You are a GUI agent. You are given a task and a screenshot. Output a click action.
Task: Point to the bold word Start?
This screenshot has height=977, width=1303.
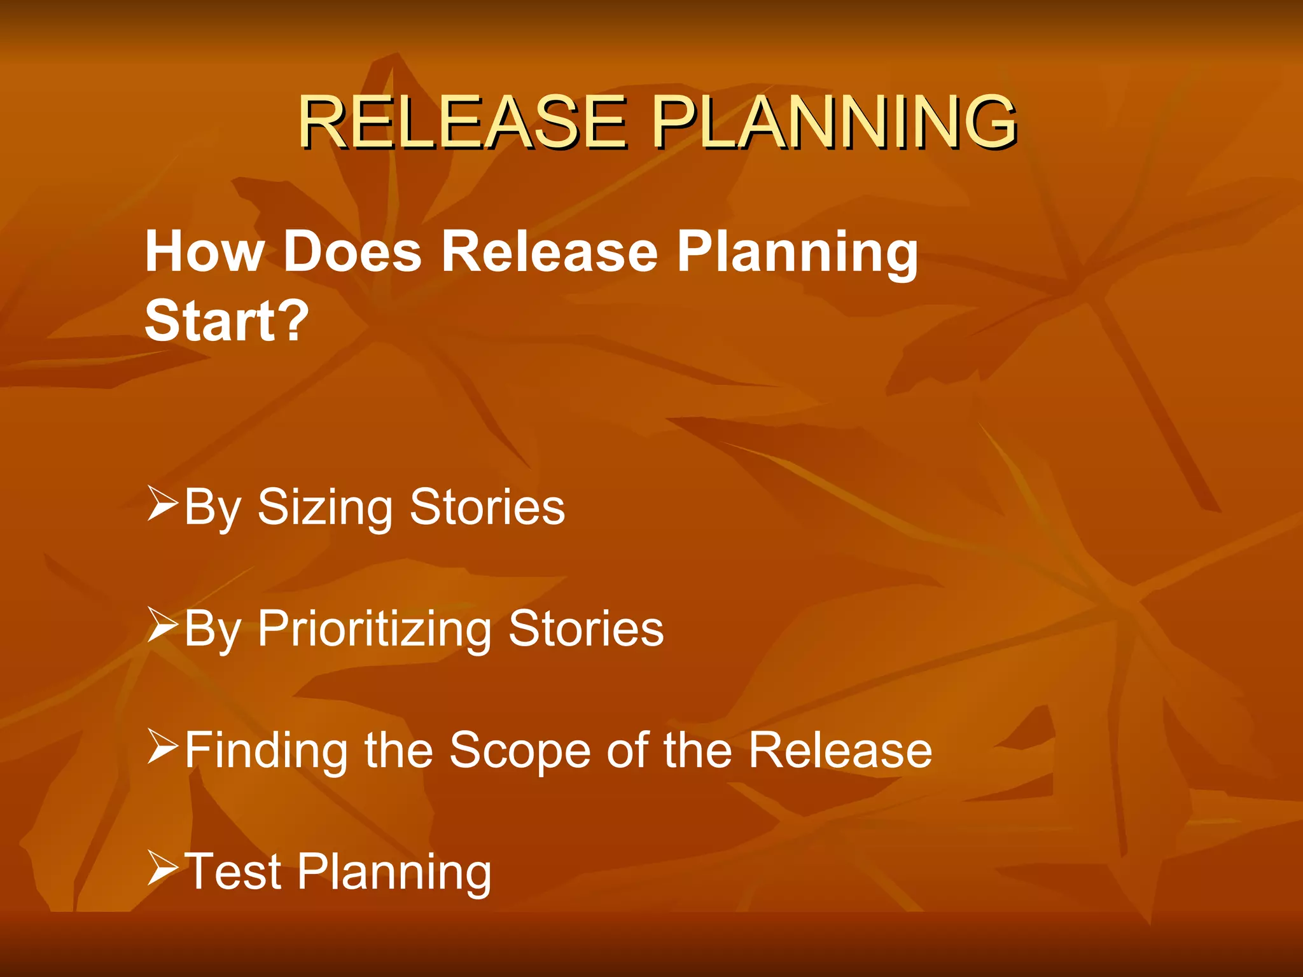[226, 321]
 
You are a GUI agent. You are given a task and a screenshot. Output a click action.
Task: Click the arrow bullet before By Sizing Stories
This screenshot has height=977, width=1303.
[162, 504]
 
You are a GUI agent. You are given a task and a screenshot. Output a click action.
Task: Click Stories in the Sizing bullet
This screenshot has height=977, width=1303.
[487, 508]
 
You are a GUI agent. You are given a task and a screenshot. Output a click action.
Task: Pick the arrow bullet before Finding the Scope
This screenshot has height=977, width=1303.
[162, 747]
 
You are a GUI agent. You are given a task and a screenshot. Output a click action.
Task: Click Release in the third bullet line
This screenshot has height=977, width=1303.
[840, 751]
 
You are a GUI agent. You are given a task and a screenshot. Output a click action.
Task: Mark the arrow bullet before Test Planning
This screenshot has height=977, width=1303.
[162, 868]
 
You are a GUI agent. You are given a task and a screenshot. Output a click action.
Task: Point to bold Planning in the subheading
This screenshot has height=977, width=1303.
[797, 252]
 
